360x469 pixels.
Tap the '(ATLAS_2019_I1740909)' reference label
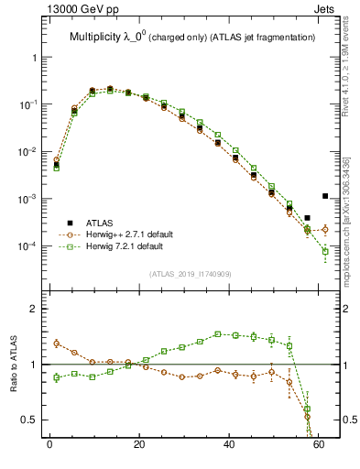[190, 274]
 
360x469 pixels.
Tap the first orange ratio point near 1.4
[56, 344]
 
